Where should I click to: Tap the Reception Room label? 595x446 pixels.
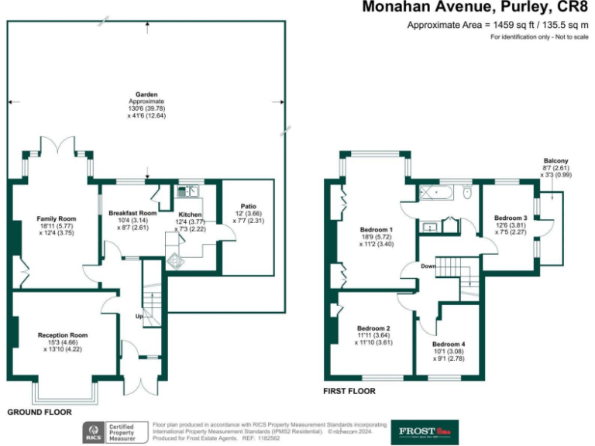click(x=63, y=334)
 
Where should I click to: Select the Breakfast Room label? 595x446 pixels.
click(x=132, y=213)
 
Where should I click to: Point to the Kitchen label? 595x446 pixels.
click(x=190, y=214)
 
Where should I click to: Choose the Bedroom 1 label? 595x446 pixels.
click(x=376, y=230)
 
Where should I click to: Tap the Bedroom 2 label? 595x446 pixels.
click(x=373, y=328)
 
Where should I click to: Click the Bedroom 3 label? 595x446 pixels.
click(x=511, y=218)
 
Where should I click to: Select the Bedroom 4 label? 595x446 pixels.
click(x=449, y=344)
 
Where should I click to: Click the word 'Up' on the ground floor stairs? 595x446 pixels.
click(x=139, y=317)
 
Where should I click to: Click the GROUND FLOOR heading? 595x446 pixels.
click(x=40, y=412)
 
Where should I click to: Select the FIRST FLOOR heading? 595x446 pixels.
click(x=349, y=391)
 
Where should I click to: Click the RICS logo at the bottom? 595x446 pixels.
click(x=96, y=431)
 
